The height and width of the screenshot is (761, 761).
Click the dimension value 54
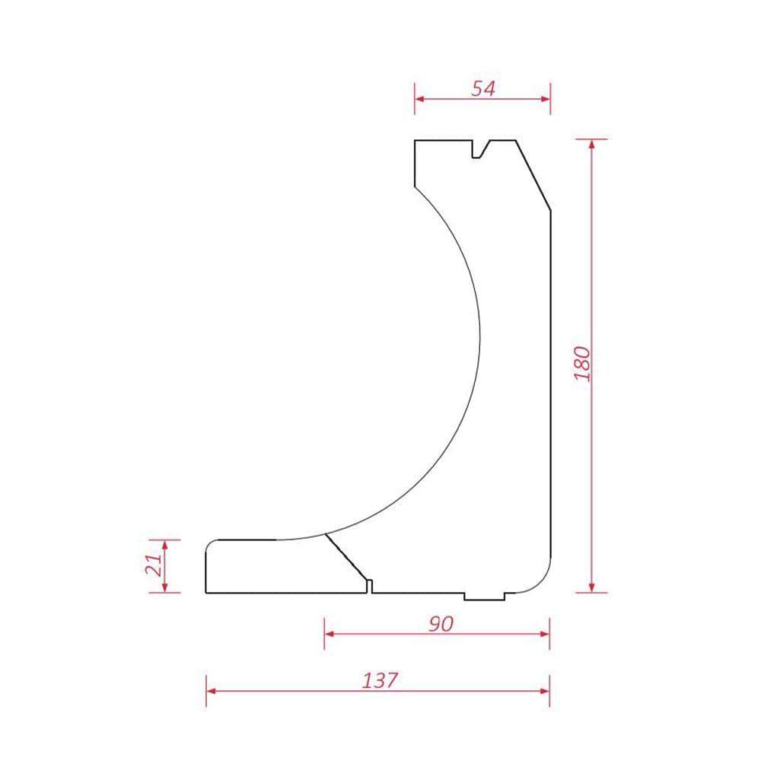(x=483, y=88)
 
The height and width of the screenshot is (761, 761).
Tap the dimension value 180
(x=582, y=364)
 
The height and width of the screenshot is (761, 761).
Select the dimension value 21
(x=154, y=565)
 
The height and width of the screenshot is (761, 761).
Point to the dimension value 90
(x=441, y=624)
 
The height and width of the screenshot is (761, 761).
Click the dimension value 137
(x=380, y=680)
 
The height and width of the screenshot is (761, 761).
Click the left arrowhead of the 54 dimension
(x=420, y=99)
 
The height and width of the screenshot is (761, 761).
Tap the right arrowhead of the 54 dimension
(x=546, y=99)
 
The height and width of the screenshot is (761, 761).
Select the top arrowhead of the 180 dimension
(x=591, y=145)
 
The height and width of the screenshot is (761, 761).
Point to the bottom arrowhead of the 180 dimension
(x=591, y=587)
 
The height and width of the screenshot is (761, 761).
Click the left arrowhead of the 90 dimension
(x=330, y=634)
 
